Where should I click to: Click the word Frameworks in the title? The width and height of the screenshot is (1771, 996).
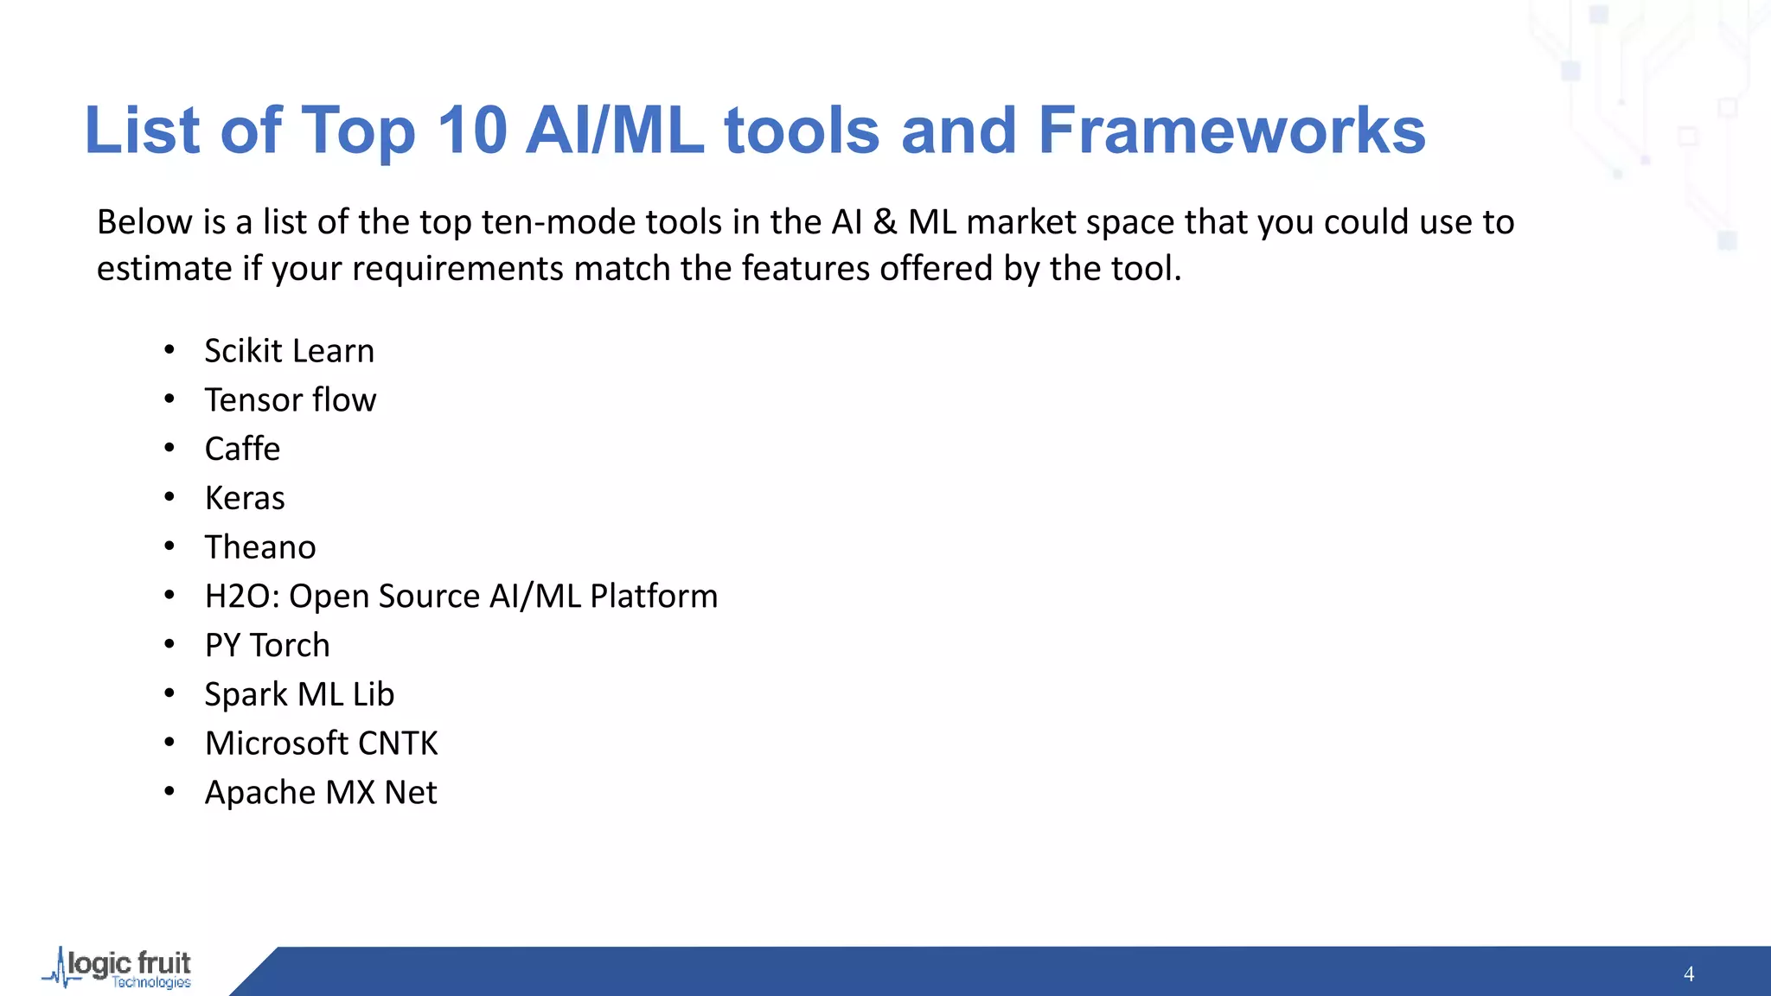pyautogui.click(x=1231, y=131)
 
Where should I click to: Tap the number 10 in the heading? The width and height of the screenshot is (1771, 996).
pyautogui.click(x=471, y=131)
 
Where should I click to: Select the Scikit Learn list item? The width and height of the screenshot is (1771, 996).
pyautogui.click(x=289, y=351)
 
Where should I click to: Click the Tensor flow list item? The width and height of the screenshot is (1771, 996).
pyautogui.click(x=290, y=400)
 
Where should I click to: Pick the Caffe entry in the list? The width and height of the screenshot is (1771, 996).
pyautogui.click(x=242, y=449)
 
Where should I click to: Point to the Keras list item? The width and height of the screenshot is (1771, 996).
pyautogui.click(x=245, y=498)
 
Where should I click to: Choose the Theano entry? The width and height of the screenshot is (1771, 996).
pyautogui.click(x=260, y=547)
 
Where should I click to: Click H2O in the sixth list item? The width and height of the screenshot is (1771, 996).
pyautogui.click(x=240, y=597)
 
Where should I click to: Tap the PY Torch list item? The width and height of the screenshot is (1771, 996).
pyautogui.click(x=267, y=646)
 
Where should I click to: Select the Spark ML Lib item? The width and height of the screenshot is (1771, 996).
pyautogui.click(x=299, y=694)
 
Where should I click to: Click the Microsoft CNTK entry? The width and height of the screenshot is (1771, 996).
pyautogui.click(x=321, y=744)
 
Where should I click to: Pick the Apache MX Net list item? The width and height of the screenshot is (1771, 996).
pyautogui.click(x=321, y=793)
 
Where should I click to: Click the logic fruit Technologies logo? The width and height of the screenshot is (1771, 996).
pyautogui.click(x=118, y=969)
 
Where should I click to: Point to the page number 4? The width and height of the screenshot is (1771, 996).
pyautogui.click(x=1688, y=974)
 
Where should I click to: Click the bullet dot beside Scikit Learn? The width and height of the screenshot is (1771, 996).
pyautogui.click(x=169, y=350)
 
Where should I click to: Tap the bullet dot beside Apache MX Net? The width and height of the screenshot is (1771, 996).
pyautogui.click(x=169, y=791)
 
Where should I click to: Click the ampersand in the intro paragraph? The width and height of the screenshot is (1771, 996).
pyautogui.click(x=884, y=223)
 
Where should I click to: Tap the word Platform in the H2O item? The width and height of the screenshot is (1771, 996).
pyautogui.click(x=654, y=597)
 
